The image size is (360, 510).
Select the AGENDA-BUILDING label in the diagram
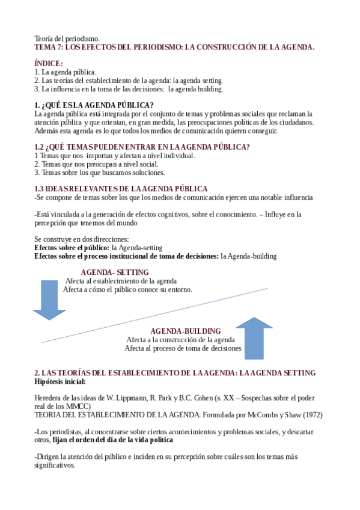click(185, 331)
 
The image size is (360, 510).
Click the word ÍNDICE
click(49, 63)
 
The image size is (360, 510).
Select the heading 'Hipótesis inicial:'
click(60, 381)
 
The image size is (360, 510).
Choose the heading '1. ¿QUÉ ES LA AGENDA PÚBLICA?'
click(94, 105)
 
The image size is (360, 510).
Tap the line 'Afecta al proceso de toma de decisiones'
click(183, 348)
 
